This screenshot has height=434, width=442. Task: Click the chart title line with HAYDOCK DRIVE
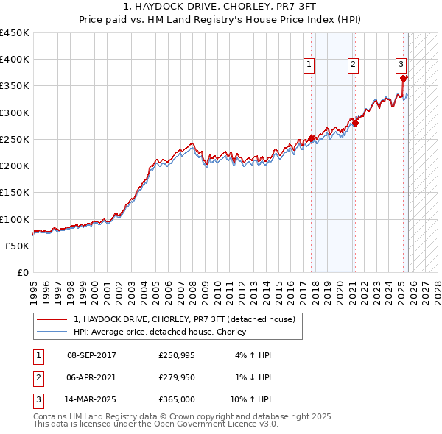(x=221, y=7)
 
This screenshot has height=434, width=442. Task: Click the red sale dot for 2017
(x=311, y=138)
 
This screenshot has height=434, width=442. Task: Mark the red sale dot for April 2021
(x=354, y=123)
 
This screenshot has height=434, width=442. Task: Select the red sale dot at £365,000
(x=403, y=78)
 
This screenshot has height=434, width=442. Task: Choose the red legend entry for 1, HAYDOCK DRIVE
(x=183, y=319)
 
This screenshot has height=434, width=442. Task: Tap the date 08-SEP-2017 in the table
(x=91, y=355)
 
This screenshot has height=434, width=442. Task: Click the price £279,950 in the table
(x=177, y=377)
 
